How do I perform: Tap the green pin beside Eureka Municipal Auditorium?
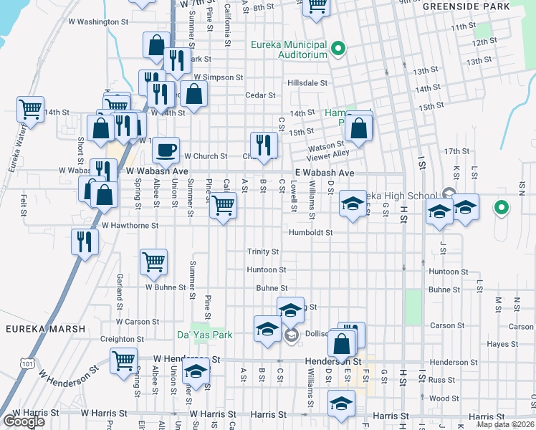tap(340, 49)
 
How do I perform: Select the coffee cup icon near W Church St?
tap(166, 150)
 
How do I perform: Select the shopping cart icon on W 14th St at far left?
tap(31, 110)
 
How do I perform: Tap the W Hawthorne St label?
tap(129, 225)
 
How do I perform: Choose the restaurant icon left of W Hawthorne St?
tap(85, 242)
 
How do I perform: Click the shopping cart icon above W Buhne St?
tap(154, 262)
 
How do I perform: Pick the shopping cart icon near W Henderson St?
tap(123, 360)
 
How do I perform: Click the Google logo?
tap(24, 421)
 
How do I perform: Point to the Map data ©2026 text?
tap(505, 424)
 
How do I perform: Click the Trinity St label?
tap(263, 252)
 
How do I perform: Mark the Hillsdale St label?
tap(307, 83)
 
